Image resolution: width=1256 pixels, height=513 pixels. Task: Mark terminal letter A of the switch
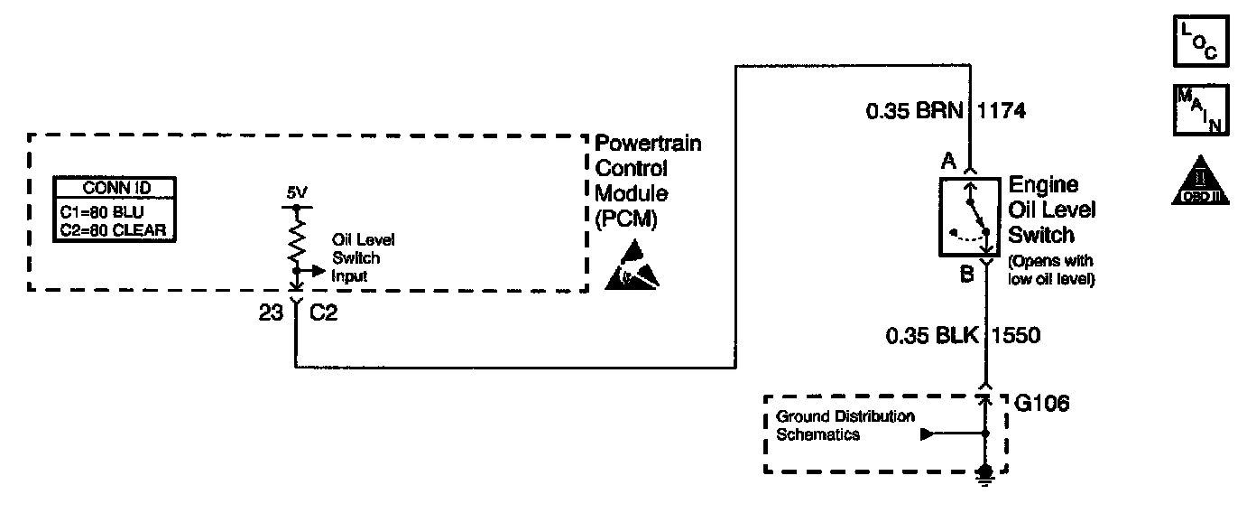[x=947, y=163]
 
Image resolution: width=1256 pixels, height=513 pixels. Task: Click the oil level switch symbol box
[x=970, y=214]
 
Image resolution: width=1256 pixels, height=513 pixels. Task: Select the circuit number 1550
[x=1016, y=336]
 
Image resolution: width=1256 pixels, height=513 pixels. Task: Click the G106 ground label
[x=1042, y=404]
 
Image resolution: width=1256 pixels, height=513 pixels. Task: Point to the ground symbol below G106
[x=986, y=474]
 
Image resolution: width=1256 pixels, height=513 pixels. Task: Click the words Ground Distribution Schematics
[x=845, y=425]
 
